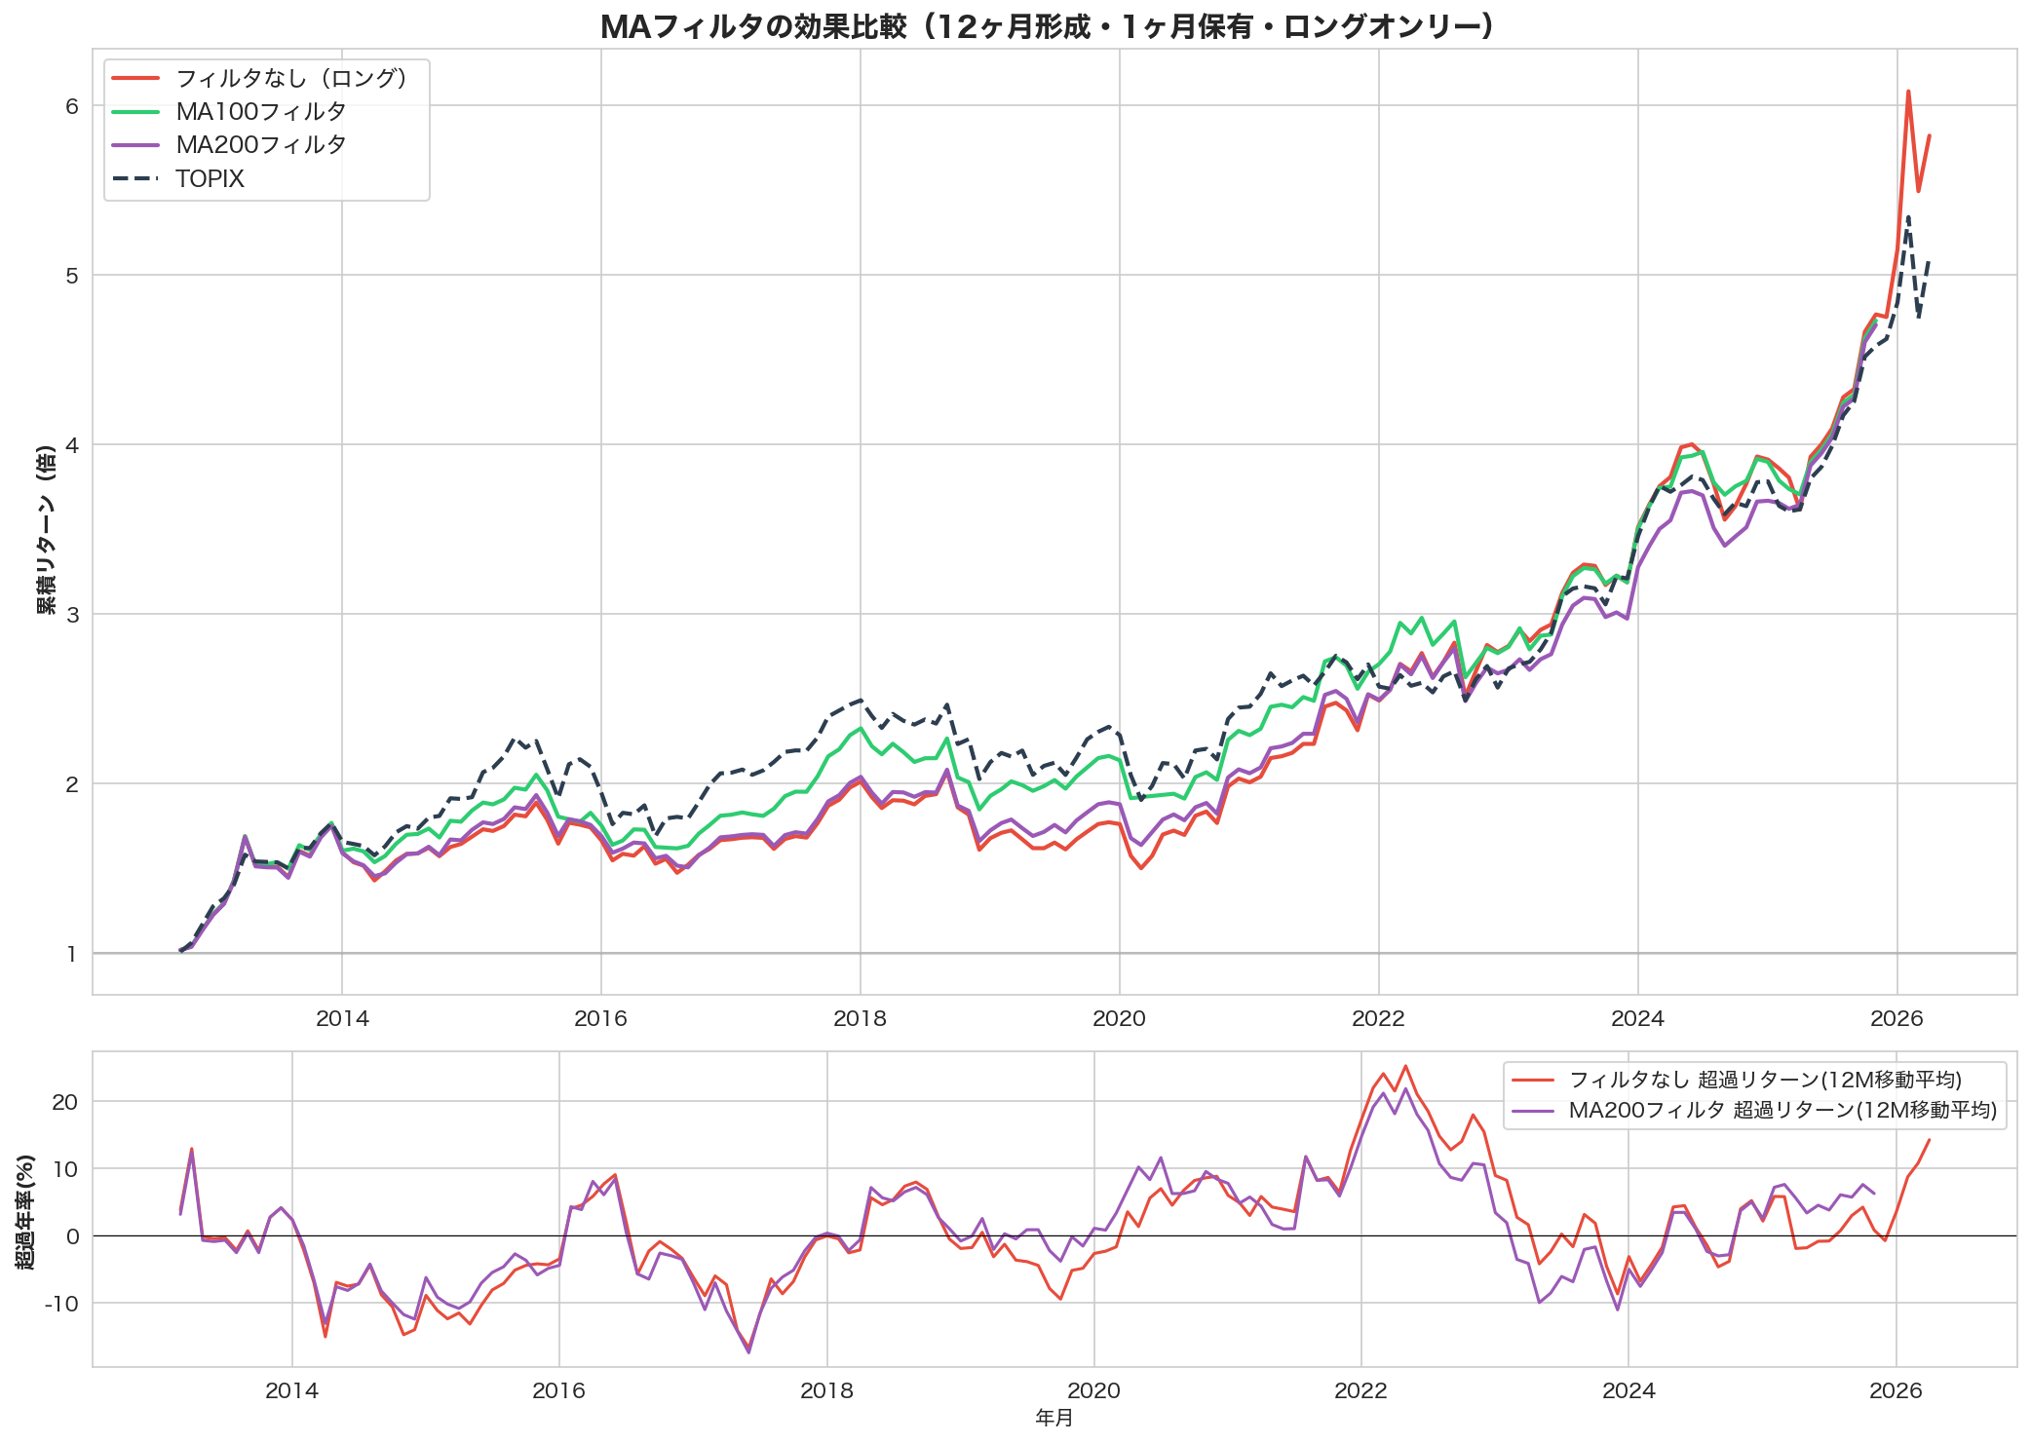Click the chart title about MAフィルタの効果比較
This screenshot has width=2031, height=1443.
point(1047,26)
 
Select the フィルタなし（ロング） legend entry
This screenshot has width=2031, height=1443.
point(290,78)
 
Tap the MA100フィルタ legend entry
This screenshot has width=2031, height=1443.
point(260,111)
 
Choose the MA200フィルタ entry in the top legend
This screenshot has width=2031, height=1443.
point(260,145)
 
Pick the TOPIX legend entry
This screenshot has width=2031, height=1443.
point(210,179)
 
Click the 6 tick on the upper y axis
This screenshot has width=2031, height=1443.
point(72,106)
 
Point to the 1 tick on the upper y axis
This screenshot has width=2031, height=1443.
point(72,954)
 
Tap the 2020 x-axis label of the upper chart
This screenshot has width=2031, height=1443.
point(1119,1019)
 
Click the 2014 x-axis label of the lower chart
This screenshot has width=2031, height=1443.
point(291,1390)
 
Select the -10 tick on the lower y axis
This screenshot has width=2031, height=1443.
point(60,1304)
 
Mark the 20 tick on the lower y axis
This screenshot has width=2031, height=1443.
point(65,1102)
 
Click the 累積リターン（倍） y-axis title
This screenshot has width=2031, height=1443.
point(45,531)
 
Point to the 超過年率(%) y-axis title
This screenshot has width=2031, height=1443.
point(25,1211)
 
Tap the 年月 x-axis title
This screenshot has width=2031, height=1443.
point(1054,1419)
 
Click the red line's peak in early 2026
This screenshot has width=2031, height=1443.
point(1907,92)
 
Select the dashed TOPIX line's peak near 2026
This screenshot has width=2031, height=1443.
point(1907,216)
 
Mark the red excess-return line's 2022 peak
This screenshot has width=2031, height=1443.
point(1404,1066)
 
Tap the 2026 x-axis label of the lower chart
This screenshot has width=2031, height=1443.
point(1896,1390)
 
